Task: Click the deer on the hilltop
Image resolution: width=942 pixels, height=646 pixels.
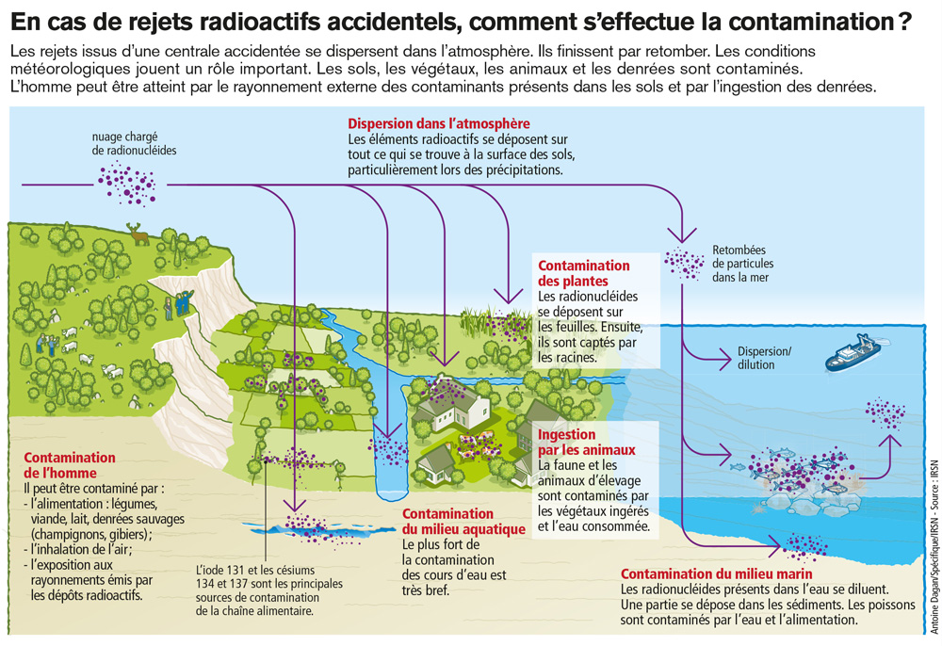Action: (138, 234)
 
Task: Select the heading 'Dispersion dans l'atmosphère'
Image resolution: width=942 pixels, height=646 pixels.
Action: (439, 123)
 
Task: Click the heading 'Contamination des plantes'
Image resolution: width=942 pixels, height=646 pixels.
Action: (583, 273)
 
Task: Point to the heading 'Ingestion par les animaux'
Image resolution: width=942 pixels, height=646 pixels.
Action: (586, 442)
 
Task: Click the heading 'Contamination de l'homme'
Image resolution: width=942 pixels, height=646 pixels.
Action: (69, 464)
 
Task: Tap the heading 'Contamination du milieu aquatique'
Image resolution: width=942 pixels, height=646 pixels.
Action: (463, 521)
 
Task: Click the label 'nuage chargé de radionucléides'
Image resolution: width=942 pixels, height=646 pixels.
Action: (134, 143)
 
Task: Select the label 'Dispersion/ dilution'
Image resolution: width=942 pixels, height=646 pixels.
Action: (764, 358)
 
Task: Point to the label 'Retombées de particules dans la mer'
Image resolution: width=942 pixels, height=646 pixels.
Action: (742, 264)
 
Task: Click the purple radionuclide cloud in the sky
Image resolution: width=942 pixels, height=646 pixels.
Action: (127, 183)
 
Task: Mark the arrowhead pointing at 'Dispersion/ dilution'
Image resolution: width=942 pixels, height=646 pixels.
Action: (723, 360)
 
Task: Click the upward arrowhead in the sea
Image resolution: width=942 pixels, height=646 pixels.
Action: (889, 442)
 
